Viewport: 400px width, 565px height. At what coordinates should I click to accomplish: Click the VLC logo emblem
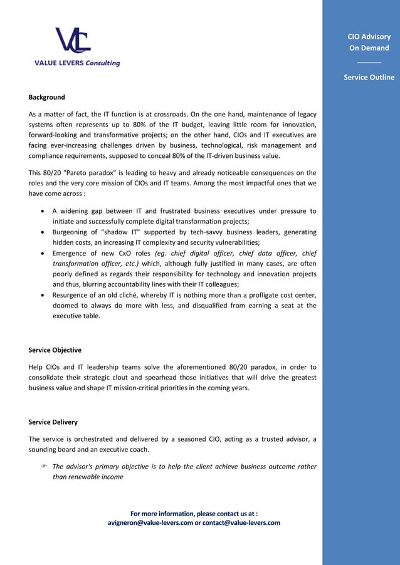pos(73,41)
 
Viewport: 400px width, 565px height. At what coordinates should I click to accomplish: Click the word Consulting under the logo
pos(103,63)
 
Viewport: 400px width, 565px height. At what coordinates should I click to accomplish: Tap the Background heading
pos(46,97)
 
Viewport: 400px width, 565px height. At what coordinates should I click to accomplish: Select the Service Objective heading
pos(55,350)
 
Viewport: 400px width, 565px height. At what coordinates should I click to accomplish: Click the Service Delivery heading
pos(53,422)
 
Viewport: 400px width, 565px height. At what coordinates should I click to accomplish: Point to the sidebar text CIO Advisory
pos(369,36)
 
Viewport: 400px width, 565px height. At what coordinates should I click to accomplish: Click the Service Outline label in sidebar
pos(369,77)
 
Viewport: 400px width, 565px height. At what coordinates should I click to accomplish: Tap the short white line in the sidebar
pos(369,62)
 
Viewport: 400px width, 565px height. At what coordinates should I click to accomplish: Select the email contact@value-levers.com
pos(242,522)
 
